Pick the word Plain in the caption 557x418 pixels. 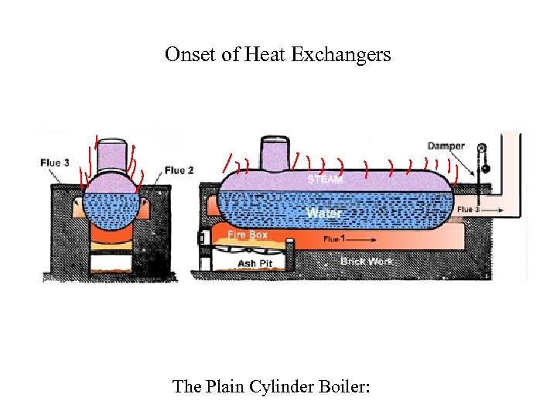pos(224,385)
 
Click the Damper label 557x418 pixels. pos(446,146)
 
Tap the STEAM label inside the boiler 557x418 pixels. pos(325,180)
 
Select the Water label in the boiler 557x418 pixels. pos(324,211)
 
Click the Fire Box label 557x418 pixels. pos(248,234)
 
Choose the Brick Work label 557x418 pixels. pos(366,262)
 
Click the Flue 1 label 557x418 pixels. pos(333,239)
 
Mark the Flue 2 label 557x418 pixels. pos(179,170)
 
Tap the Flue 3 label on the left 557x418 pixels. pos(55,163)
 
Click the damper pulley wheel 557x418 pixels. pos(482,149)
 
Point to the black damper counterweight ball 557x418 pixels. pos(486,170)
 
